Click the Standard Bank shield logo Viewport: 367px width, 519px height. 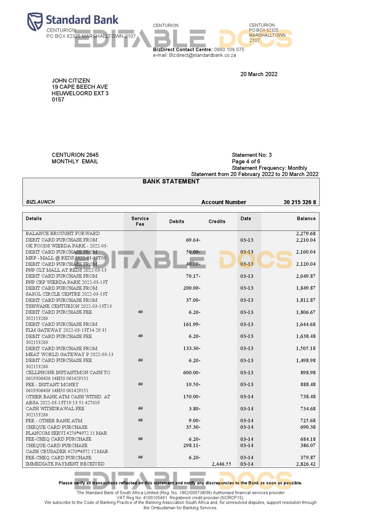click(x=35, y=21)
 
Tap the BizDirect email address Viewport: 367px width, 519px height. click(x=202, y=55)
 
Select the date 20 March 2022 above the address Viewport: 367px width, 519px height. click(x=259, y=74)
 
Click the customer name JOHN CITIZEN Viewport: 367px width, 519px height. click(x=71, y=80)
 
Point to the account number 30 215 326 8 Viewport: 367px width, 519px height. click(x=300, y=202)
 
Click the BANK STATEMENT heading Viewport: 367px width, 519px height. click(x=171, y=181)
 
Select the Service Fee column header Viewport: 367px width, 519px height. click(x=140, y=221)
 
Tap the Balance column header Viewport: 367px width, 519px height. click(x=306, y=218)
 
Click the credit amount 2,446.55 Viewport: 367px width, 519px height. click(x=221, y=464)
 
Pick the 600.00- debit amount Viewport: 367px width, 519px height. click(x=192, y=373)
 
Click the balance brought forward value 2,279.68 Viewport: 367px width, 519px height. click(x=305, y=233)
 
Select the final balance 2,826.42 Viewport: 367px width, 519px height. click(x=305, y=464)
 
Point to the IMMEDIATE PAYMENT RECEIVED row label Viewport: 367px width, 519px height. click(x=65, y=464)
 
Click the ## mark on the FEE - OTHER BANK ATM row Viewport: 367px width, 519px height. click(x=140, y=420)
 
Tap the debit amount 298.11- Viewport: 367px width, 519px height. click(x=192, y=445)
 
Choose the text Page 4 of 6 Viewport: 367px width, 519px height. click(x=246, y=161)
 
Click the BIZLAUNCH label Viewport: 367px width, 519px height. click(x=41, y=202)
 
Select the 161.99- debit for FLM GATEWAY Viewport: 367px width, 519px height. click(x=192, y=324)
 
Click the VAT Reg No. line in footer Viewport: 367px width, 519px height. click(x=180, y=497)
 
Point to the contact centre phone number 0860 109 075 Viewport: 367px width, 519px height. click(x=229, y=49)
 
